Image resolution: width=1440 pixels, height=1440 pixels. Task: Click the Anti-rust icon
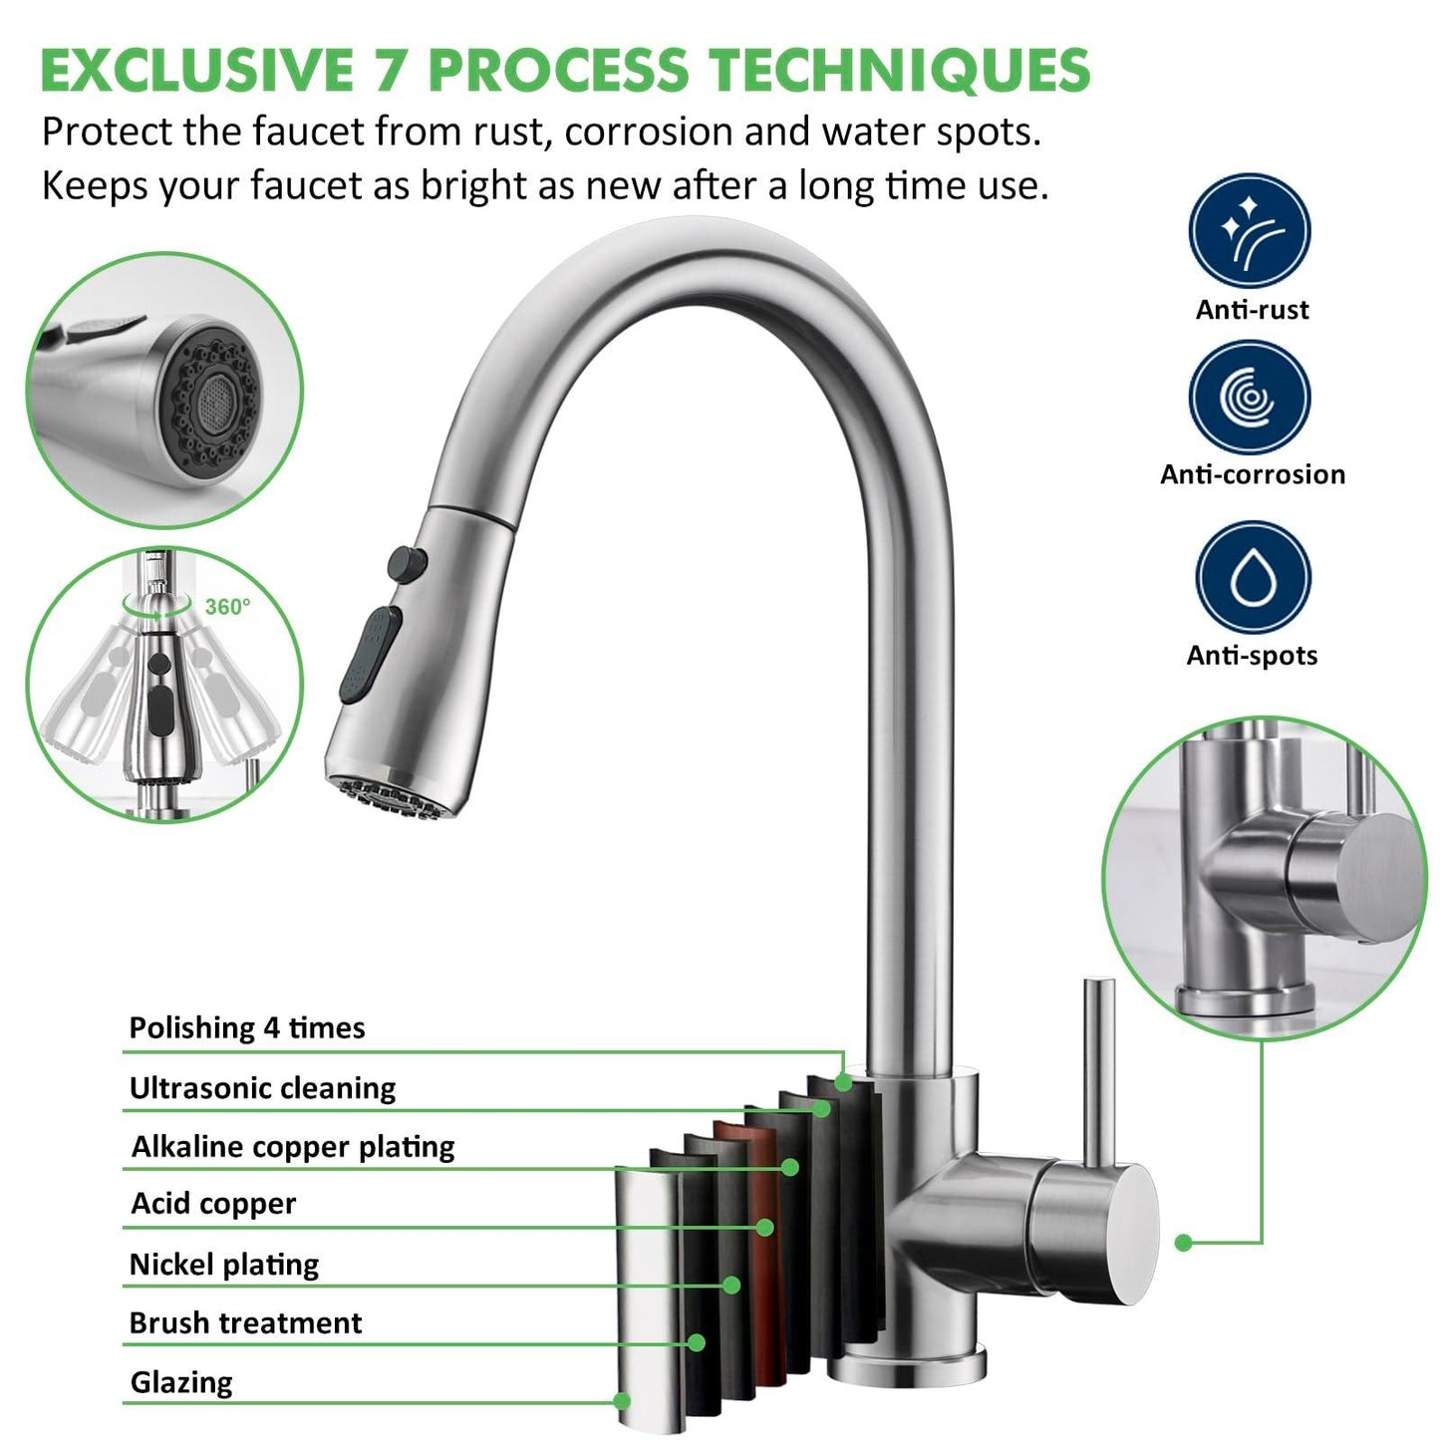pyautogui.click(x=1249, y=231)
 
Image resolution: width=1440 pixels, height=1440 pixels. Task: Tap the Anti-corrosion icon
pyautogui.click(x=1249, y=397)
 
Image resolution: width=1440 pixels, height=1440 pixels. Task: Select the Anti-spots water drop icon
pyautogui.click(x=1252, y=578)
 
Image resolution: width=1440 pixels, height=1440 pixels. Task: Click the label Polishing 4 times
pyautogui.click(x=247, y=1027)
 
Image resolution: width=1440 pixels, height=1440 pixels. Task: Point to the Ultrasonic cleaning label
pyautogui.click(x=262, y=1087)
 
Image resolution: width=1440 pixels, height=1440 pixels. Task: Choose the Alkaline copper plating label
pyautogui.click(x=293, y=1146)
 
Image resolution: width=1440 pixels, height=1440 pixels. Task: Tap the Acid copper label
pyautogui.click(x=213, y=1204)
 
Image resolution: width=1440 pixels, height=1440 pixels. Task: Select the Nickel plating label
pyautogui.click(x=224, y=1265)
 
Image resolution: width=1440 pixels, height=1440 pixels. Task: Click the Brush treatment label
pyautogui.click(x=245, y=1322)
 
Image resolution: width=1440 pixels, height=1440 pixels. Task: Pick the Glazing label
pyautogui.click(x=181, y=1382)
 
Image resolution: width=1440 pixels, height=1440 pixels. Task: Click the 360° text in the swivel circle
pyautogui.click(x=227, y=606)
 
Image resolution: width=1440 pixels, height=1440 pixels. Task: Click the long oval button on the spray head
pyautogui.click(x=371, y=654)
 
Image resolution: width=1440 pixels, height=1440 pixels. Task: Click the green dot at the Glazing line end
pyautogui.click(x=623, y=1400)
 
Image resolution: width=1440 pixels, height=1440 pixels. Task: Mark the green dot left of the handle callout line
pyautogui.click(x=1183, y=1242)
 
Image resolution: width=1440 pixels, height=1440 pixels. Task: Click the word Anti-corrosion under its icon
pyautogui.click(x=1252, y=474)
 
